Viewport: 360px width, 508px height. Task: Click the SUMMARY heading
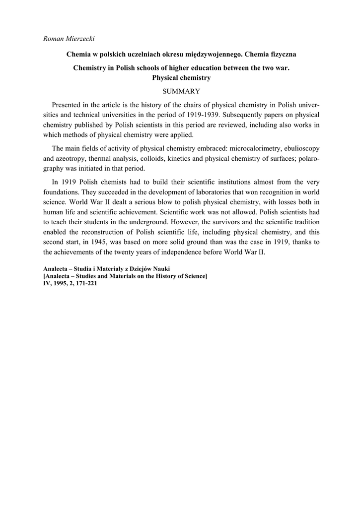coord(181,91)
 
